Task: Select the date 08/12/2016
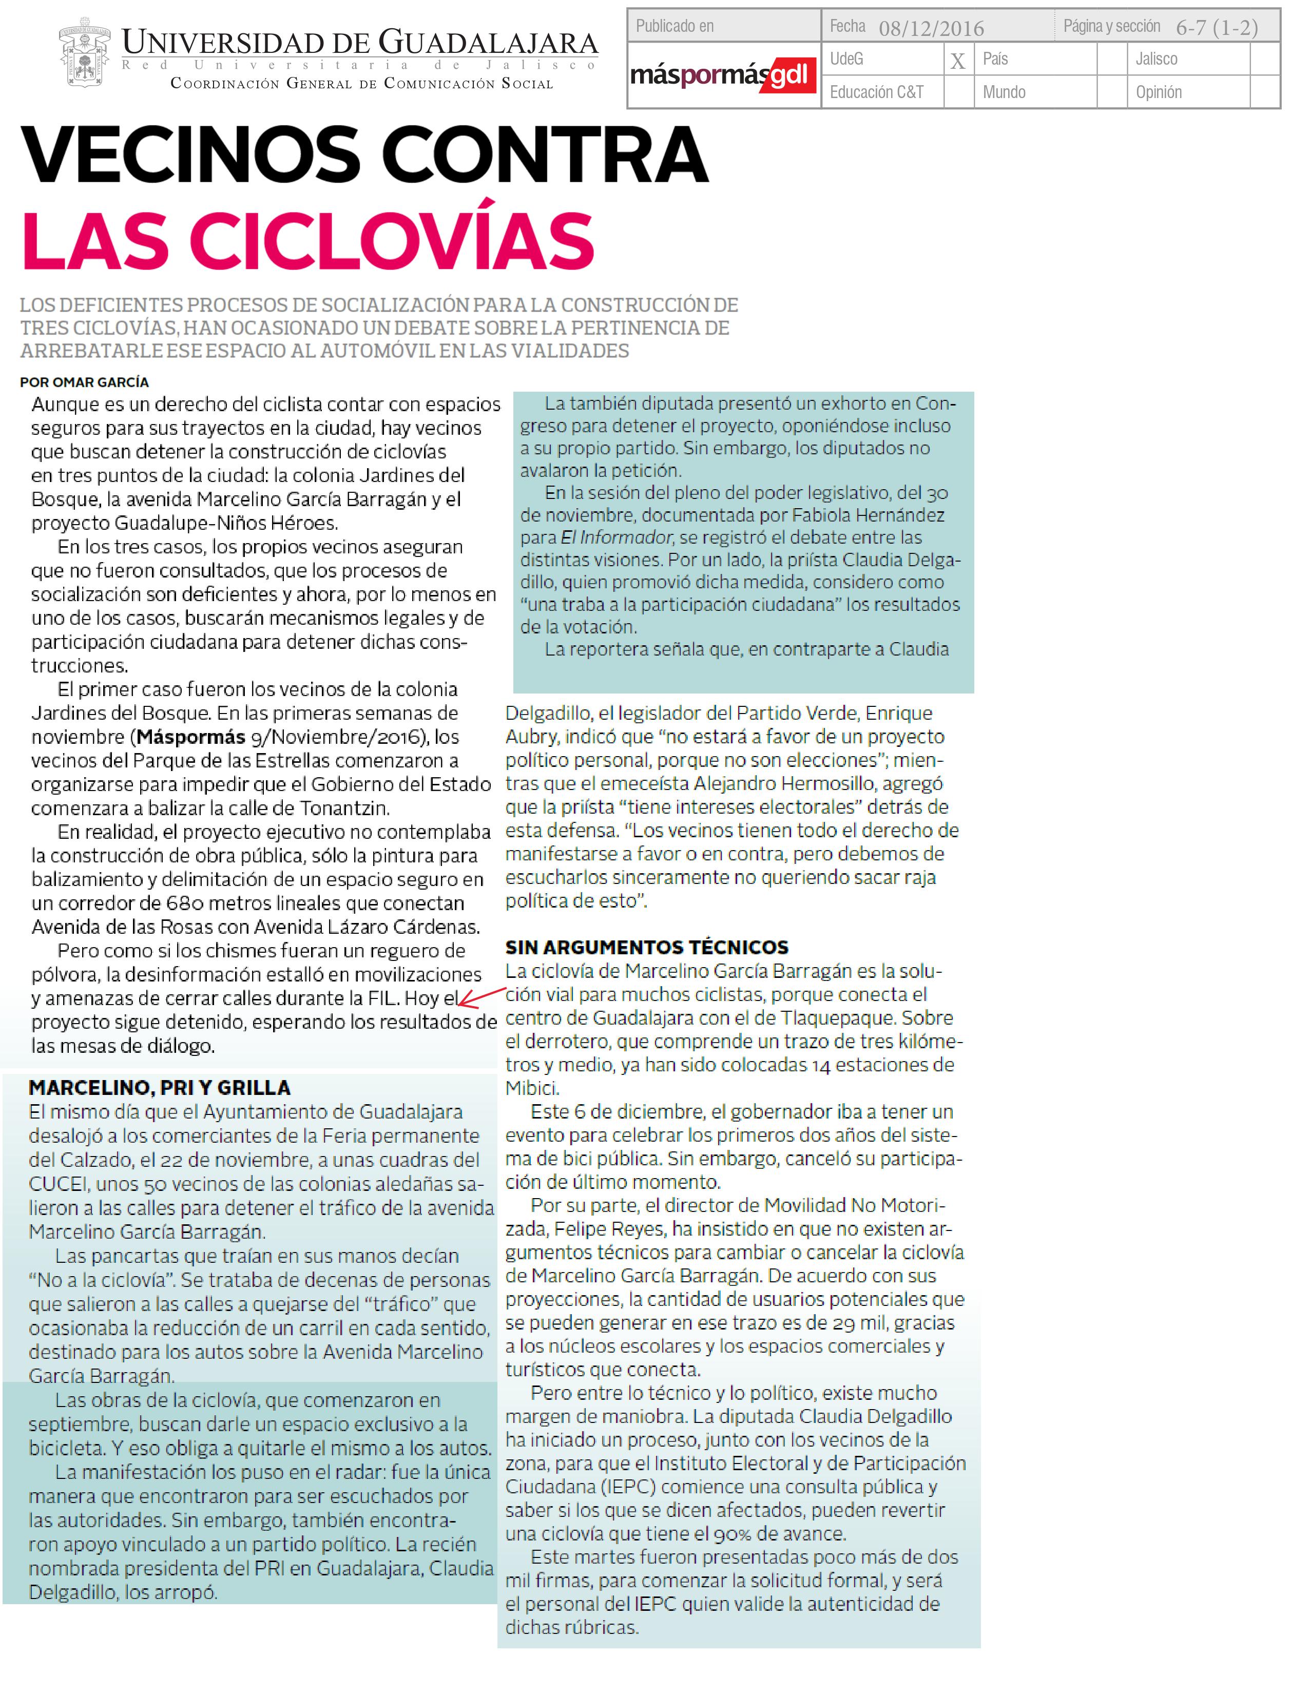931,29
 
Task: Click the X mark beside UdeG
958,61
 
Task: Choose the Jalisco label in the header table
1156,59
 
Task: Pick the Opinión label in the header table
1159,92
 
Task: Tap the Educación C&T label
876,92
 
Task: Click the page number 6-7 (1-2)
1217,28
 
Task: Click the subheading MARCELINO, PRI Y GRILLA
159,1087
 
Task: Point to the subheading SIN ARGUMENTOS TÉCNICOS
647,947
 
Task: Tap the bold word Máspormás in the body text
191,737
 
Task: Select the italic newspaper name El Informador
617,537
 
